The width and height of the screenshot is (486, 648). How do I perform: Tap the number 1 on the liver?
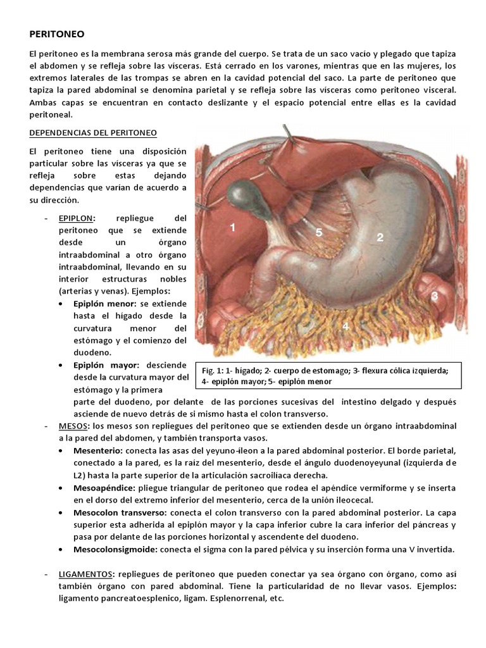tap(233, 227)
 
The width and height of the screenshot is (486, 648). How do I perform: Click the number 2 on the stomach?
tap(380, 237)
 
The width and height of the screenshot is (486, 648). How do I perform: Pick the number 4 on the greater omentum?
tap(346, 327)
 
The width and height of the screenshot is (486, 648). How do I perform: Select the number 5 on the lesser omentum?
tap(319, 232)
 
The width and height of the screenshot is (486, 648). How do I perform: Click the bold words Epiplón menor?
tap(103, 304)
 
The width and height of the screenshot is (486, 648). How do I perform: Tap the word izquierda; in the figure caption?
tap(428, 370)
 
